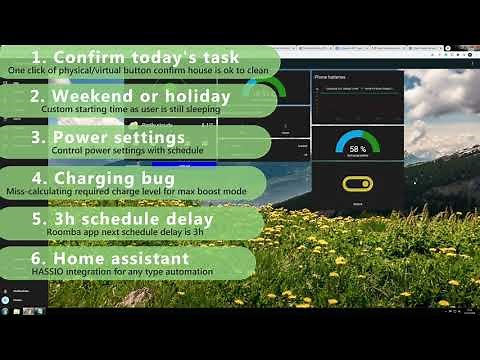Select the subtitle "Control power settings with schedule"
pyautogui.click(x=127, y=151)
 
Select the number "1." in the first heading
pyautogui.click(x=42, y=56)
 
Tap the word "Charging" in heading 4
pyautogui.click(x=101, y=176)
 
